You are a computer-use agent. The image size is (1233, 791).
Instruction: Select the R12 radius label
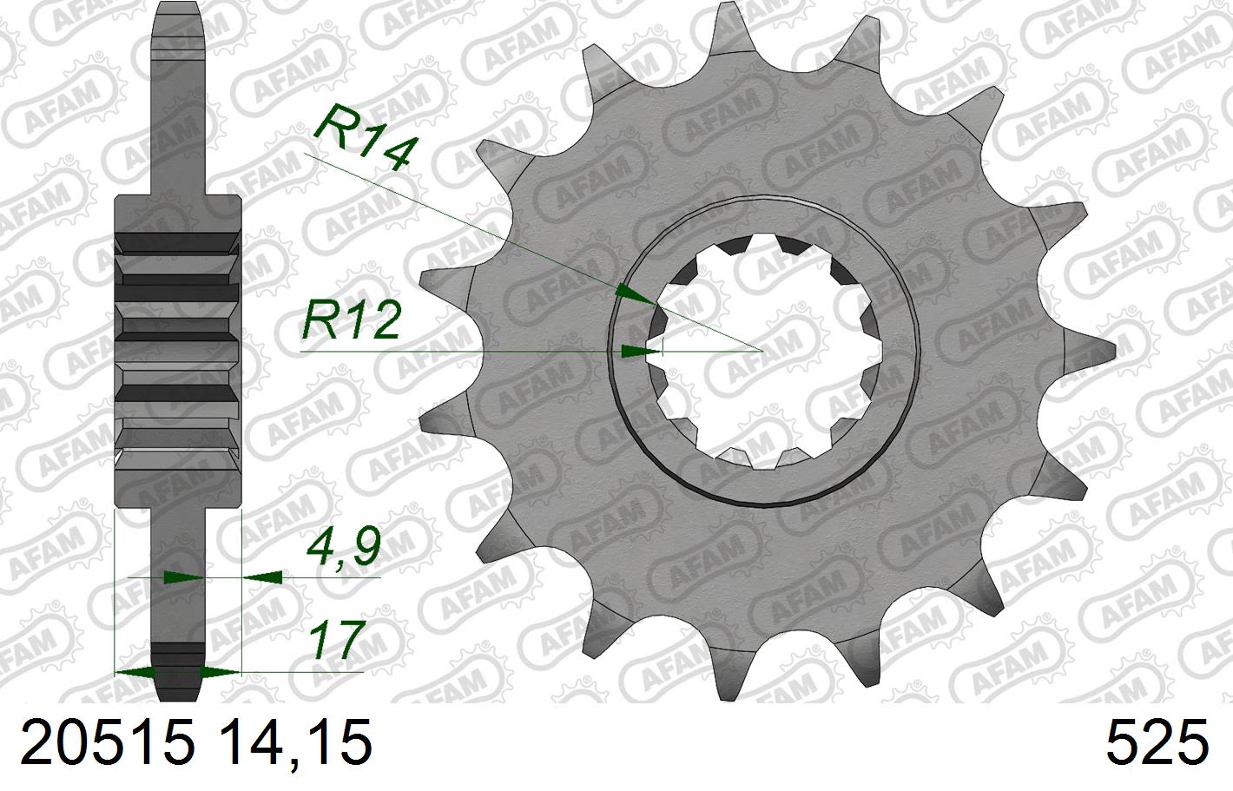[351, 322]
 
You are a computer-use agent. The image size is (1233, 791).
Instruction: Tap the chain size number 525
[1157, 744]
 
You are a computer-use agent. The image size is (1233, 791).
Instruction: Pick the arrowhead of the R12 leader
[637, 351]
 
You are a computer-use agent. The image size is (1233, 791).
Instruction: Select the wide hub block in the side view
[178, 334]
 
